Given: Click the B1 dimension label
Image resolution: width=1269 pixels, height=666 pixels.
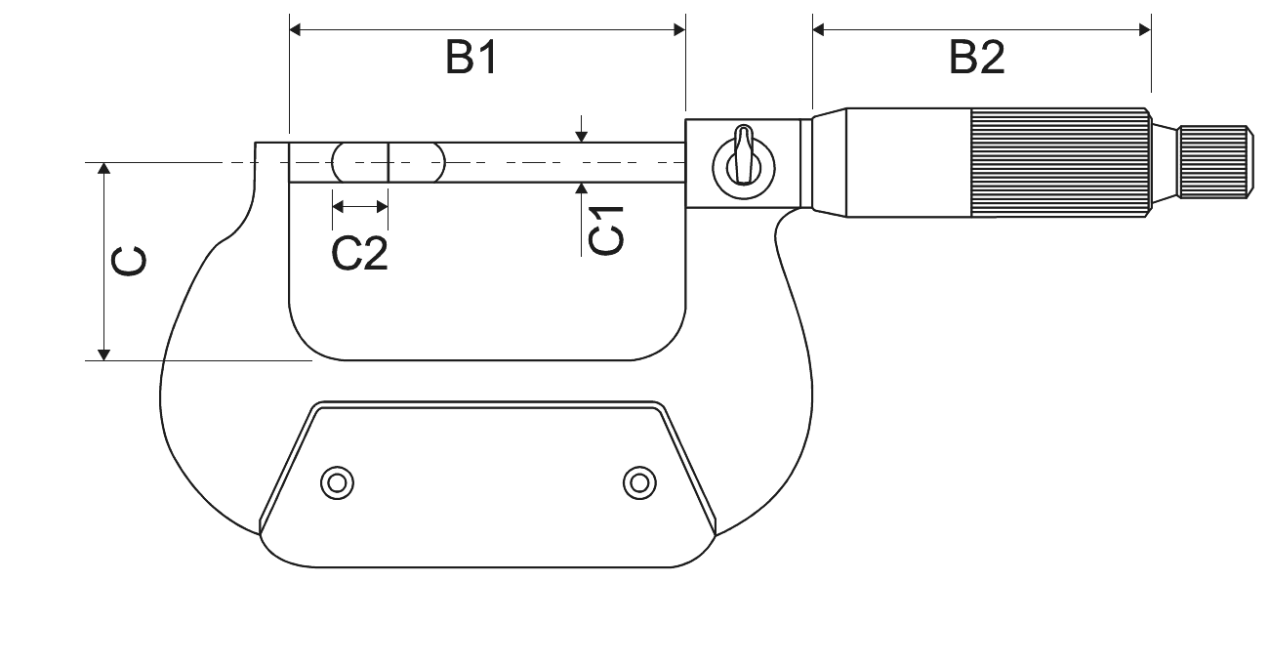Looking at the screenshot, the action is pos(471,58).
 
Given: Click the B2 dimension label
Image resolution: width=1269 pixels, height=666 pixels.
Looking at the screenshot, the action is pos(977,58).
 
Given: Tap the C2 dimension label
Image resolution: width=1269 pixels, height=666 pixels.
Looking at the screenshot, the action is pos(360,253).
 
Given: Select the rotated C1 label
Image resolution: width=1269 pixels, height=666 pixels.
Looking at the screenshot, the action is pos(606,230).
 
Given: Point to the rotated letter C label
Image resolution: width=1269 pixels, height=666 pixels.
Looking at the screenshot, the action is pos(129,262).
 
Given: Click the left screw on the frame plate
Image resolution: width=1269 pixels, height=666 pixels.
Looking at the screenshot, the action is pos(337,483).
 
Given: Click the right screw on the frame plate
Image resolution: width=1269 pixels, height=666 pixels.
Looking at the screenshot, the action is pos(639,483).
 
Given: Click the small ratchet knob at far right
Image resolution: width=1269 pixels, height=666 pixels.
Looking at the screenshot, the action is pos(1215,162).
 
